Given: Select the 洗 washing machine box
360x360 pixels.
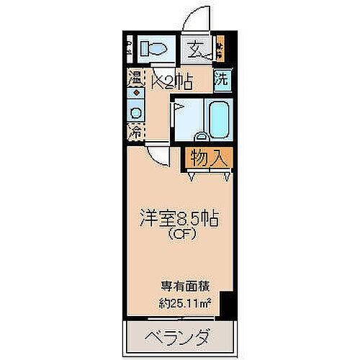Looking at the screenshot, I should tap(222, 79).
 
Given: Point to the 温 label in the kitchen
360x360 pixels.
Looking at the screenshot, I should tap(135, 78).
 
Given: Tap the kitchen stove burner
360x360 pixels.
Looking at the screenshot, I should tap(135, 94).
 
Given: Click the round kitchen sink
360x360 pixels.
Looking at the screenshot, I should tap(135, 112).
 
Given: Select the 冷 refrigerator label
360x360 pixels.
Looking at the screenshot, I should tap(135, 132).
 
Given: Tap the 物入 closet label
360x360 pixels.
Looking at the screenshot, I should tap(210, 157).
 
